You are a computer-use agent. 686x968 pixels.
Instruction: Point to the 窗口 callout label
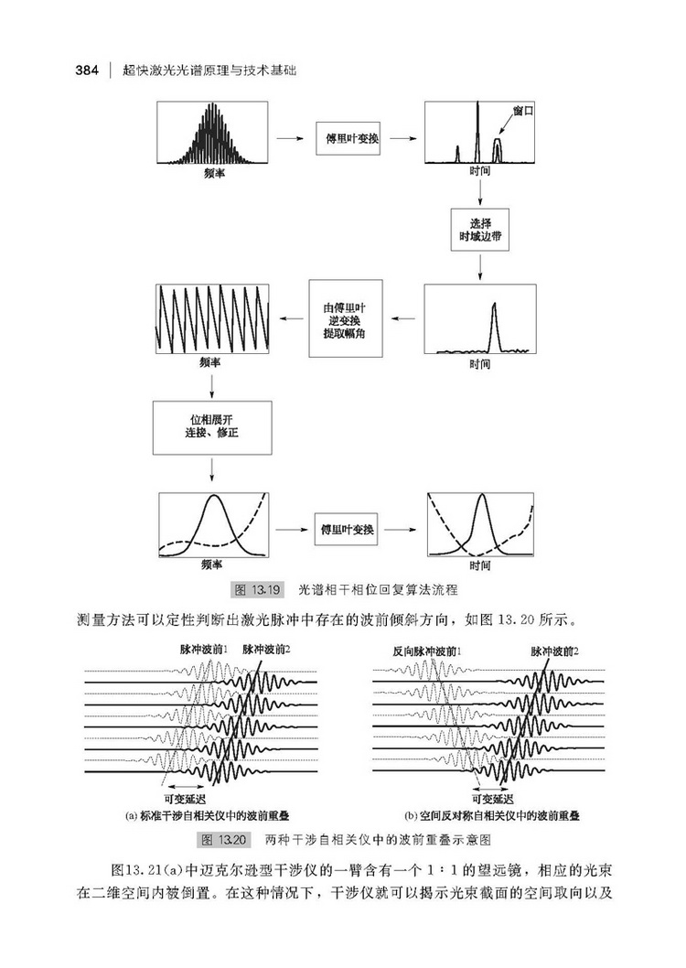pos(523,111)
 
